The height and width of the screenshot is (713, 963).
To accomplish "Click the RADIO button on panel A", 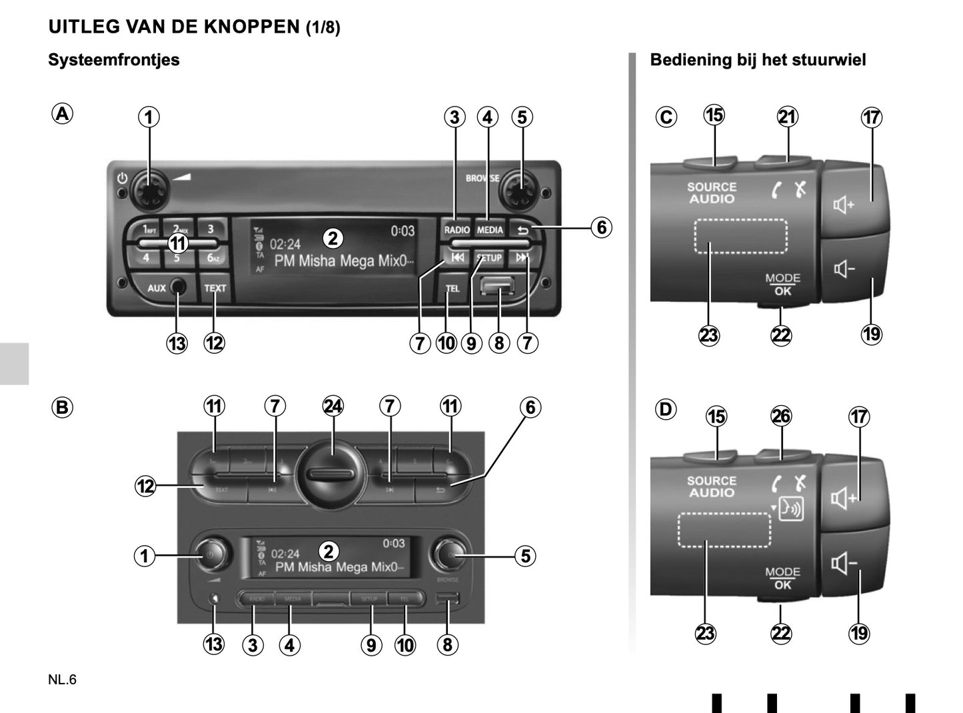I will (457, 229).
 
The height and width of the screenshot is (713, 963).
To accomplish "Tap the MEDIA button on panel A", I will (490, 229).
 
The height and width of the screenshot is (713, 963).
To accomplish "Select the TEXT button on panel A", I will (215, 289).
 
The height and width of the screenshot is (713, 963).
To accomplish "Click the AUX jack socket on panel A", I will (178, 287).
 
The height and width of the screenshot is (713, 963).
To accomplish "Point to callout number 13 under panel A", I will (177, 343).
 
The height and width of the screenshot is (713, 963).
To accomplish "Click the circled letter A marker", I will (62, 114).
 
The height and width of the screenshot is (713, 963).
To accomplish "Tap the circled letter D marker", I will (666, 409).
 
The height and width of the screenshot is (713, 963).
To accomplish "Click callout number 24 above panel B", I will (333, 406).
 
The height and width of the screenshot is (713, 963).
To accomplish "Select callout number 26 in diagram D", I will (780, 416).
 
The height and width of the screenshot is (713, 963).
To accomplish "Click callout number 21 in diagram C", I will (787, 117).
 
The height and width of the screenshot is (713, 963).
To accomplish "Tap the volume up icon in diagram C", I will (844, 205).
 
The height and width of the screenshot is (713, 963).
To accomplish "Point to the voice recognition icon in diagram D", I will (792, 509).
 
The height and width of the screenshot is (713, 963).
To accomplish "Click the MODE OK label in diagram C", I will (782, 285).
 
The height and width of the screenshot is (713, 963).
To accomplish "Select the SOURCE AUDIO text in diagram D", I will (712, 486).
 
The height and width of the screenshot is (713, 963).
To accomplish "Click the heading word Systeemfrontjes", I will (114, 60).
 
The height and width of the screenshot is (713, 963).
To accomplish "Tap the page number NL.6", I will (63, 680).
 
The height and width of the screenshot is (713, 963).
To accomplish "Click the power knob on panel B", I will (209, 554).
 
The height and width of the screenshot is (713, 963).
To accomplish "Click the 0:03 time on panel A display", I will (402, 231).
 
